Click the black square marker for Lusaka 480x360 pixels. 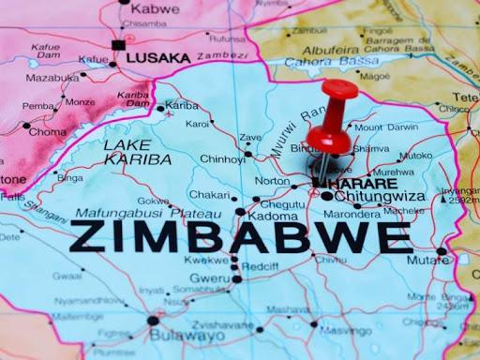118,44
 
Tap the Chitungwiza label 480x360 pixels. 378,196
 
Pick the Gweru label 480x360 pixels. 209,278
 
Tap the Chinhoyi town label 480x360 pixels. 222,158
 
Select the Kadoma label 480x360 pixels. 274,216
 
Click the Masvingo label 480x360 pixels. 347,331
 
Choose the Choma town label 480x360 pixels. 49,132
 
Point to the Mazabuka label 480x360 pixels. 52,78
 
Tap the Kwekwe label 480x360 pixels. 205,259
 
